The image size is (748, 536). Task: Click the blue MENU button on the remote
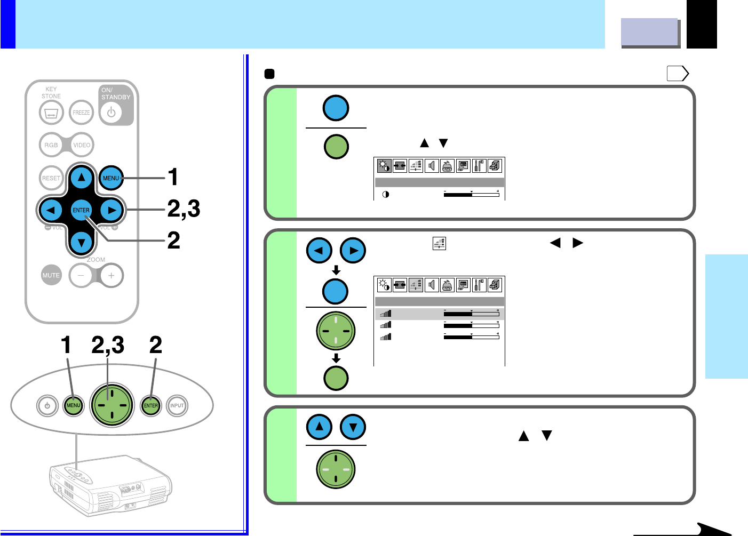[111, 178]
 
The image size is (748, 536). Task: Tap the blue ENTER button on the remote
[81, 210]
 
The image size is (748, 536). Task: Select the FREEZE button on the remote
[81, 113]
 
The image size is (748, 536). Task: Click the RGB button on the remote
[51, 145]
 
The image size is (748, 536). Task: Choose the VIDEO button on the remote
[82, 145]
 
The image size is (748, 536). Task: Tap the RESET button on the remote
[51, 178]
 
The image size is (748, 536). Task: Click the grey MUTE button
[51, 275]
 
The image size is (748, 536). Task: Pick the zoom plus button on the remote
[111, 276]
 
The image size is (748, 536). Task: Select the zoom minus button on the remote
[81, 276]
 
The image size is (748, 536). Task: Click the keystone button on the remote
[51, 113]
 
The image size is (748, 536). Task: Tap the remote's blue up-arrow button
[81, 178]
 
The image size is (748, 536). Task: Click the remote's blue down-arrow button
[81, 243]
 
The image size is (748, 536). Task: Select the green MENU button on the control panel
[73, 406]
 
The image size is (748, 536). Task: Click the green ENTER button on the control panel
[151, 406]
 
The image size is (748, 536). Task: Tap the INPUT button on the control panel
[177, 406]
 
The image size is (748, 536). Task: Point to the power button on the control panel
[47, 406]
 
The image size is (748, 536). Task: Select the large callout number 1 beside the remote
[173, 178]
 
